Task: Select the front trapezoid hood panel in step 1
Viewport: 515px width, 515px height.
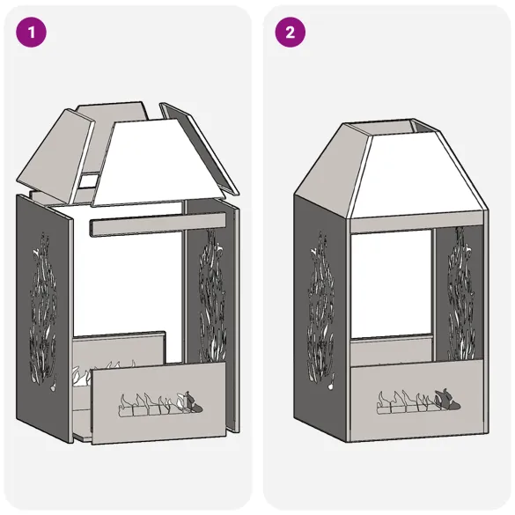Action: pos(167,163)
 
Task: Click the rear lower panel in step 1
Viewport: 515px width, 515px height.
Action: pos(119,348)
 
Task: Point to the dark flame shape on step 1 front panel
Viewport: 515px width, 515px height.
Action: pos(196,406)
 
